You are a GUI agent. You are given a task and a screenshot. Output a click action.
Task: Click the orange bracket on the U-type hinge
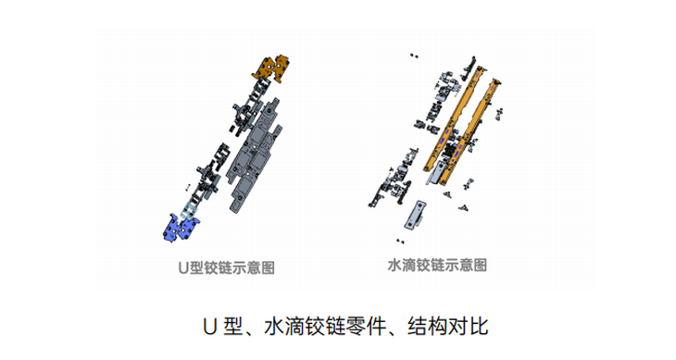[271, 68]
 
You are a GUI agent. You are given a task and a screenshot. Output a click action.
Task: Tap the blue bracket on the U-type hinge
[182, 227]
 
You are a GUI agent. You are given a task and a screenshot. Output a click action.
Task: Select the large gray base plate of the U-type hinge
[254, 155]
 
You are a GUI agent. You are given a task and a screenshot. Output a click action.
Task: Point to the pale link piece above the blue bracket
[188, 208]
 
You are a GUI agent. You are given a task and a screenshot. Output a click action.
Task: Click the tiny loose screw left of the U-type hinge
[188, 187]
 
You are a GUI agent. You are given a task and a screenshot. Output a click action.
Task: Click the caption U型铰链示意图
[226, 267]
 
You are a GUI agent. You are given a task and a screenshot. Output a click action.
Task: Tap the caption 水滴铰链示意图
[437, 265]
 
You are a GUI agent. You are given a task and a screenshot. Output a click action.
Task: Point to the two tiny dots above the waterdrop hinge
[414, 56]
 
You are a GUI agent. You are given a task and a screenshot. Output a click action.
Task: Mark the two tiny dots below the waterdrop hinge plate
[400, 242]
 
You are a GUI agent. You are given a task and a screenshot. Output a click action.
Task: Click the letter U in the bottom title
[209, 327]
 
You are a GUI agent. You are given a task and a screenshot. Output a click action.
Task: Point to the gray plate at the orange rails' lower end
[436, 173]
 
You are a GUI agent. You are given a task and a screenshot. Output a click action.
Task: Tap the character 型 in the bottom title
[233, 327]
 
